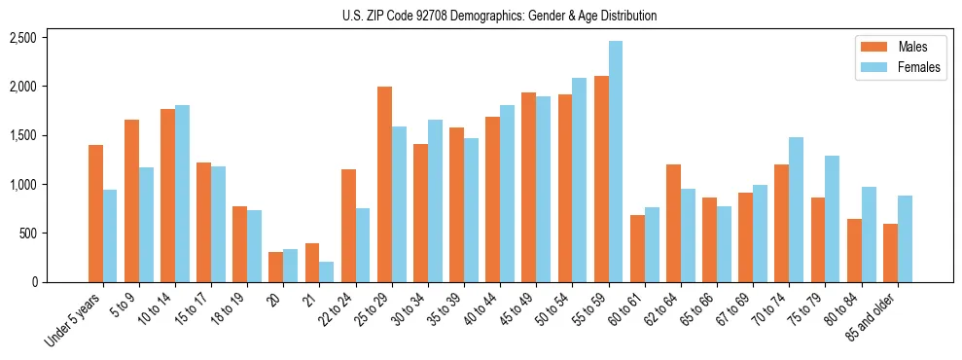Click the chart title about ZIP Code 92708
tap(499, 16)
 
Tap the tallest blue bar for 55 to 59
tap(615, 162)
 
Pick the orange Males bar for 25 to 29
tap(384, 185)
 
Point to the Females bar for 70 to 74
tap(796, 209)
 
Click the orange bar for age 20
tap(275, 267)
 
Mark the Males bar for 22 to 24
tap(348, 226)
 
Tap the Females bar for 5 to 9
tap(146, 225)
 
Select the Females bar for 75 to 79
tap(832, 219)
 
